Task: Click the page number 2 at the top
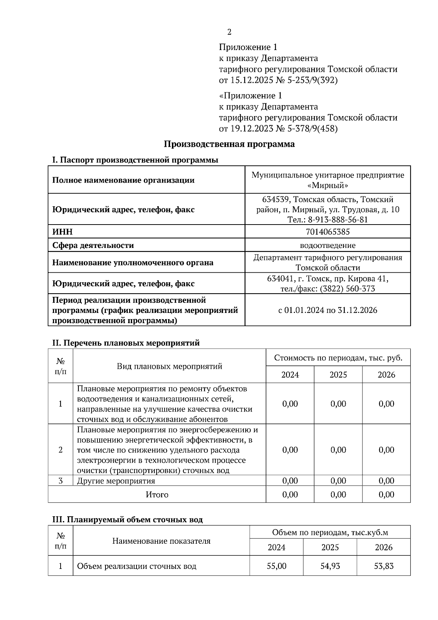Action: click(x=229, y=32)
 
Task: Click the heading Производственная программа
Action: click(x=229, y=144)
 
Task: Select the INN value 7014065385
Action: click(x=327, y=232)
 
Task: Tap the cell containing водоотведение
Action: click(x=327, y=245)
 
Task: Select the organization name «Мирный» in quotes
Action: click(x=327, y=185)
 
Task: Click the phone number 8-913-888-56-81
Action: click(x=338, y=220)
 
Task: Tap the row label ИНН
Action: click(x=62, y=232)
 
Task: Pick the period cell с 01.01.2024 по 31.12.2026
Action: click(x=327, y=310)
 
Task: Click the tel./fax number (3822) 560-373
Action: click(x=347, y=289)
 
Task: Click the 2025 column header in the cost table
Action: click(x=338, y=375)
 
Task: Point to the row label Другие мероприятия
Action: click(x=116, y=481)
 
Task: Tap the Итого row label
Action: click(x=157, y=495)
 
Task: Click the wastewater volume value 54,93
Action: click(x=330, y=566)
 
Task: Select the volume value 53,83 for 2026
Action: click(x=384, y=566)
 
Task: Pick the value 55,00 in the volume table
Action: click(x=276, y=566)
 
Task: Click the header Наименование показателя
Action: click(x=161, y=541)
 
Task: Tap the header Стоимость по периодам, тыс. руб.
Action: click(x=338, y=358)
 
